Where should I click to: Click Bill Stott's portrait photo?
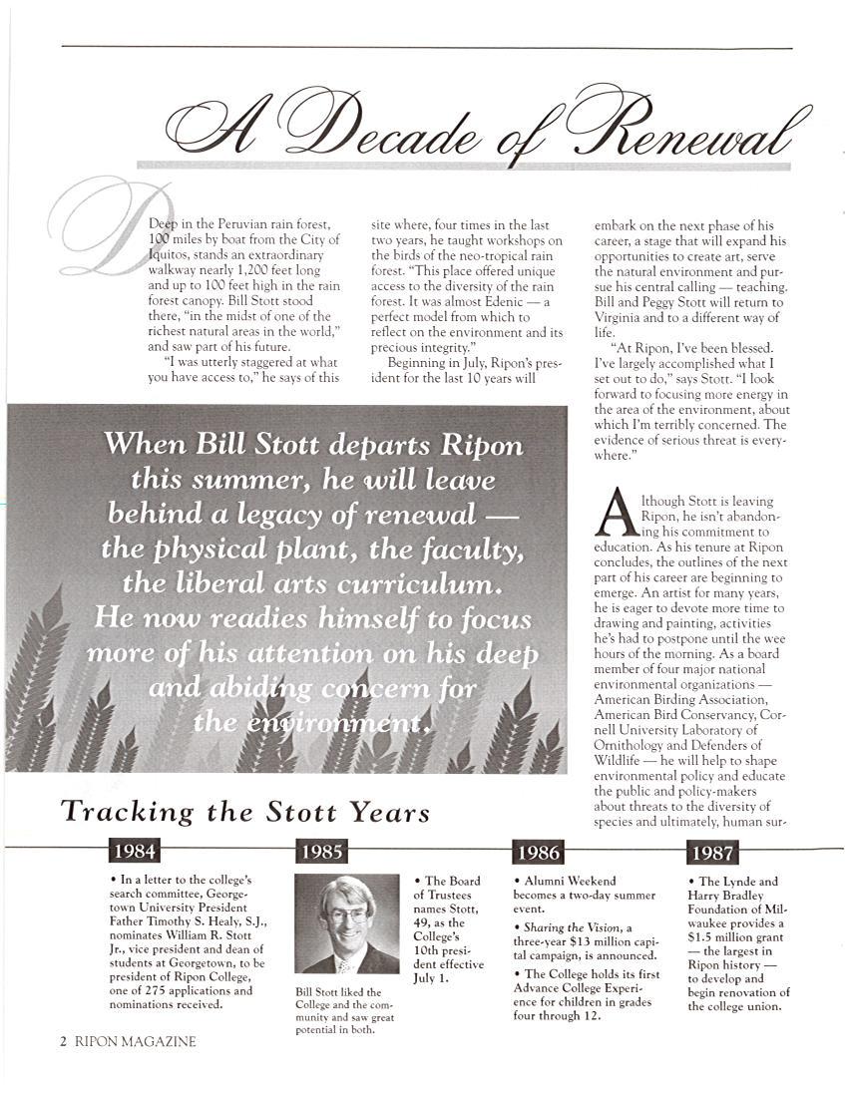346,923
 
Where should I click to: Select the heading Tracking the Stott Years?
245,811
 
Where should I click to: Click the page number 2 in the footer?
63,1041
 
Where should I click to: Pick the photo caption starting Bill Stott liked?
345,1010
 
